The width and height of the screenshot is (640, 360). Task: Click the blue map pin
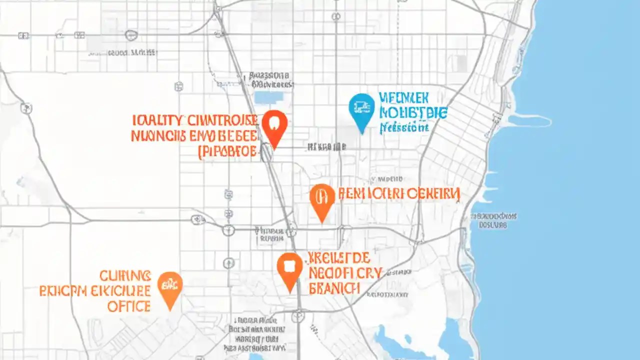[x=361, y=110]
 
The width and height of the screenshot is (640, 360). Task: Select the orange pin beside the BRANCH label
[x=290, y=269]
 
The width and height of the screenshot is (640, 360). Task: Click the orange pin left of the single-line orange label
[x=322, y=199]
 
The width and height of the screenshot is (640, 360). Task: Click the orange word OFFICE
[x=129, y=306]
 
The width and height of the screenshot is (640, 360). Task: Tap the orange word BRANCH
[x=334, y=288]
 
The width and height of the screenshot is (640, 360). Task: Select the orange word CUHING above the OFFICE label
[x=125, y=275]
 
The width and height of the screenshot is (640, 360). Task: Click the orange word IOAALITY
[x=156, y=120]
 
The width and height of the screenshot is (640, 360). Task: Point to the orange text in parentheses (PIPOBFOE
[x=228, y=151]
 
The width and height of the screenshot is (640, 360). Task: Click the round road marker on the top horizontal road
[x=130, y=35]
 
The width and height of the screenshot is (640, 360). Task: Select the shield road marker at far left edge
[x=26, y=107]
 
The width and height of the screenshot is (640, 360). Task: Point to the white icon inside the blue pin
[x=361, y=105]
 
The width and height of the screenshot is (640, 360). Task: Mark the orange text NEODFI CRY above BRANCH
[x=345, y=273]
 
